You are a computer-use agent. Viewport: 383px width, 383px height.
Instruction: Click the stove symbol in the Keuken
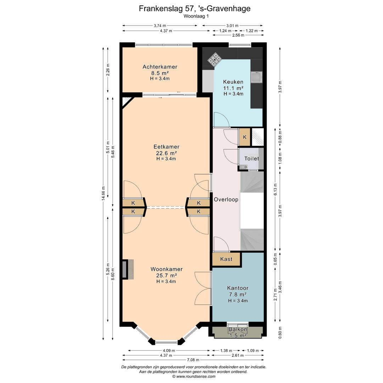(215, 59)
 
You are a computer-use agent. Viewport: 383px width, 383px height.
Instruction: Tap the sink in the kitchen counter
(256, 77)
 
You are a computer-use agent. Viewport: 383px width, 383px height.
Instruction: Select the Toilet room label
(251, 159)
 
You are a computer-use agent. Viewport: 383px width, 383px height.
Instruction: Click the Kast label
(226, 259)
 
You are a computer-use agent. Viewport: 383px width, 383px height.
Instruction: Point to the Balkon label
(238, 329)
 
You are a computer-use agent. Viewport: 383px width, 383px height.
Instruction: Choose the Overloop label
(226, 200)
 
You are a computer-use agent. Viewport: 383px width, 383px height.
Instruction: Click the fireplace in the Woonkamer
(128, 270)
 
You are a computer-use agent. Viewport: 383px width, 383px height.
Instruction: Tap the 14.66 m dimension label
(103, 193)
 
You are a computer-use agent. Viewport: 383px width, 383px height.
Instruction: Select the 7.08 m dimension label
(193, 360)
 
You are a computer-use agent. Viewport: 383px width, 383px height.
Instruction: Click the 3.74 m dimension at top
(160, 26)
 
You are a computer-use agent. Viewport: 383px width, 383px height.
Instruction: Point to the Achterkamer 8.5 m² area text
(160, 73)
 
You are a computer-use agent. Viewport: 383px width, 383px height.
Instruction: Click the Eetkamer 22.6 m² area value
(166, 153)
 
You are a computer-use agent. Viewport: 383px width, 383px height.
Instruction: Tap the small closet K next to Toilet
(244, 137)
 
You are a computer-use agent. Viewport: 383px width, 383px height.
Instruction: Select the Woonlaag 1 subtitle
(196, 16)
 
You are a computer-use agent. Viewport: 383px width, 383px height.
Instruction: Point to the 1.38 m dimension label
(226, 350)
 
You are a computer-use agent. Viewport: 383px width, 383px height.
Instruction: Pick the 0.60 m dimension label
(280, 333)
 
